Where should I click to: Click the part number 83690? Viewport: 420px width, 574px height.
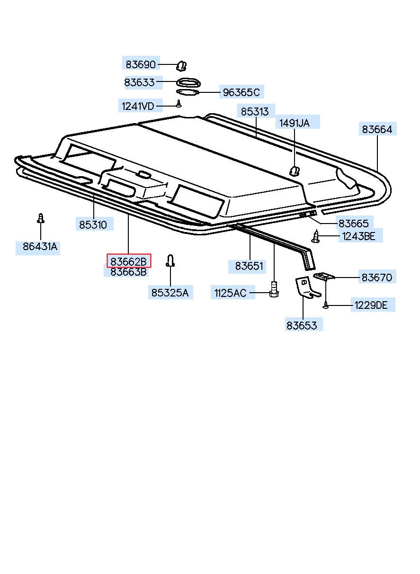[x=140, y=64]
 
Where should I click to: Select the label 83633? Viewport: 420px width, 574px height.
[x=140, y=82]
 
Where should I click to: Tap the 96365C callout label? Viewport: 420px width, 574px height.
[x=241, y=92]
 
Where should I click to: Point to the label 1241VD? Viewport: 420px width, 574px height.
[x=138, y=106]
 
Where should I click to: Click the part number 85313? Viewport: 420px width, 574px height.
[x=254, y=112]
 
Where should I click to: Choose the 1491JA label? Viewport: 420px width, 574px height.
[x=294, y=123]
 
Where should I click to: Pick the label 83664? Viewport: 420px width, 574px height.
[x=377, y=129]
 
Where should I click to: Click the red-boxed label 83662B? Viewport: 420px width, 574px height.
[x=129, y=261]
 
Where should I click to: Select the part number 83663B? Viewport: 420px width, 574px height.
[x=129, y=272]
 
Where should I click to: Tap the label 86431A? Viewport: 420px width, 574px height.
[x=40, y=247]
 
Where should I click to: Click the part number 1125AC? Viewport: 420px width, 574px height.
[x=230, y=293]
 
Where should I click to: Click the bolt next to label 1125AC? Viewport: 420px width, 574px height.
[x=273, y=290]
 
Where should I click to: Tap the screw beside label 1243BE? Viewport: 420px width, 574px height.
[x=316, y=235]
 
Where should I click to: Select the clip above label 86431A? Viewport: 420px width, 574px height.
[x=41, y=218]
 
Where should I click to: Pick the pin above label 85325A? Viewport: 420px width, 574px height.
[x=170, y=260]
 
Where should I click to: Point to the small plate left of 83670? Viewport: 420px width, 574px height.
[x=325, y=276]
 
